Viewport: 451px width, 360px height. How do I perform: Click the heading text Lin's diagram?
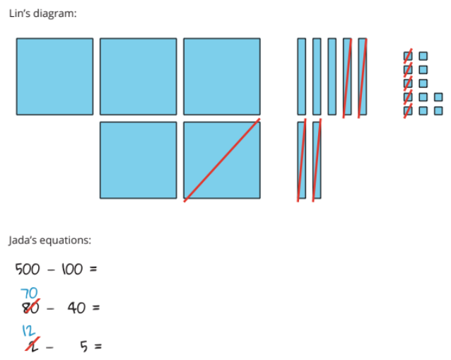coord(42,13)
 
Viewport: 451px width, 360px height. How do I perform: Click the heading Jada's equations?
coord(49,240)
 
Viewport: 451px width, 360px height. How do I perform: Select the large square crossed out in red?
coord(221,160)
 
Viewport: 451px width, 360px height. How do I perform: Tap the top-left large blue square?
coord(54,76)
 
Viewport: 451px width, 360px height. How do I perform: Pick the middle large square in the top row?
coord(138,76)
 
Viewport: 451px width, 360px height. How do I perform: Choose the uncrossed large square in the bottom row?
coord(138,160)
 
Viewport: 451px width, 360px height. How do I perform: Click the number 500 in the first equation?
coord(28,269)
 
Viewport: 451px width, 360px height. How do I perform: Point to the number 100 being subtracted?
coord(71,269)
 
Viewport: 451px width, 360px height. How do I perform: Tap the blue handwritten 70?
coord(29,293)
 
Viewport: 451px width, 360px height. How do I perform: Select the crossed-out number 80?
coord(28,308)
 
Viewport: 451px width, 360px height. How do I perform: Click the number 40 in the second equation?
coord(76,308)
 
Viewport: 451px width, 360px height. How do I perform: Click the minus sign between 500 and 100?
coord(49,269)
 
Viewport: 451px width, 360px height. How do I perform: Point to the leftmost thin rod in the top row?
coord(301,76)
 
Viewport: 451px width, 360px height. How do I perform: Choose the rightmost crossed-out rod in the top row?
coord(363,76)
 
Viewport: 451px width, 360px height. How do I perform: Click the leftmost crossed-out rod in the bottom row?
coord(302,160)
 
